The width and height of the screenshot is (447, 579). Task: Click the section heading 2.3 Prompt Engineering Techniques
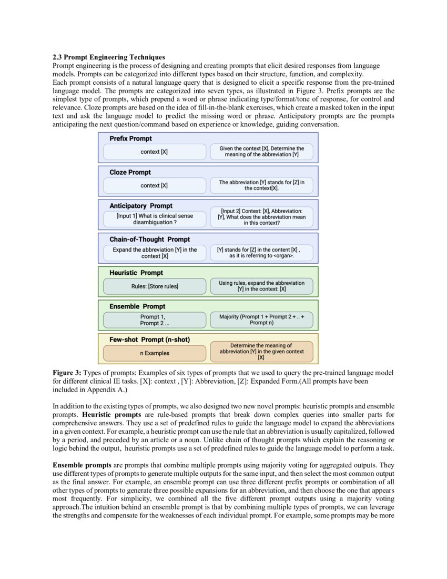coord(108,57)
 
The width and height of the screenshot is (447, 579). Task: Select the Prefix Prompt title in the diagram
coord(130,138)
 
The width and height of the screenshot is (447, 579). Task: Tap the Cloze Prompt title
coord(130,172)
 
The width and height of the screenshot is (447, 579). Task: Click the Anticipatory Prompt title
coord(140,206)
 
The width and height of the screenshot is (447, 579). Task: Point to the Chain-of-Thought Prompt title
coord(149,239)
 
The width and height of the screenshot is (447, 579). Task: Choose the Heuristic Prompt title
coord(136,273)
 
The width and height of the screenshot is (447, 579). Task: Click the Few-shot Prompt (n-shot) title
coord(149,340)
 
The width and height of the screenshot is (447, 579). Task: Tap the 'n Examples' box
coord(155,353)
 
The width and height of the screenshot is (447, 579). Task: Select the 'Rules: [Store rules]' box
coord(155,286)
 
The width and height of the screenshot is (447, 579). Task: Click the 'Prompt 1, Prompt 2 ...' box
coord(155,320)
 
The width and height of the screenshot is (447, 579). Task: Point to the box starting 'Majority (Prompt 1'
coord(261,320)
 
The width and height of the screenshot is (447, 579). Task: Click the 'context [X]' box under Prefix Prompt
coord(155,152)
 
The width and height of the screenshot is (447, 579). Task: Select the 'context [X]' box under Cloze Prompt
coord(155,186)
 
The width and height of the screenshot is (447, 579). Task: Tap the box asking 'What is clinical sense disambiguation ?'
coord(155,219)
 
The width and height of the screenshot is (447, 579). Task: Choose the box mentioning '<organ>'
coord(261,253)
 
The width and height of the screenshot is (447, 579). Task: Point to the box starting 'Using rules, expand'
coord(261,286)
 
